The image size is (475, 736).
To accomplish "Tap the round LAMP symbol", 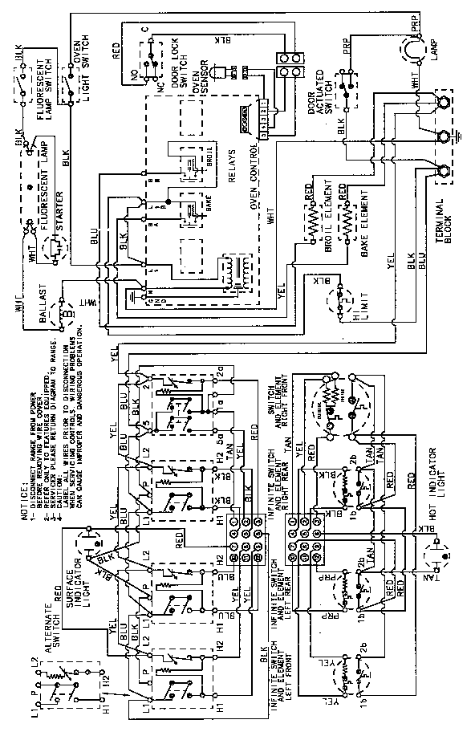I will pos(415,50).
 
